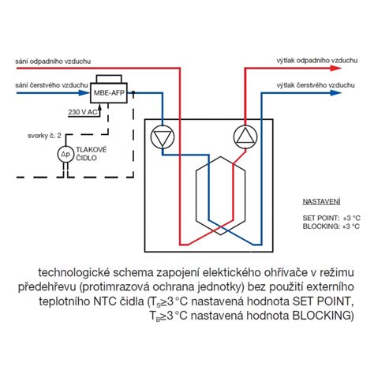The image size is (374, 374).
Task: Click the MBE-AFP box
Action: pyautogui.click(x=109, y=92)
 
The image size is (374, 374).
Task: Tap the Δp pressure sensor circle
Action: pyautogui.click(x=65, y=155)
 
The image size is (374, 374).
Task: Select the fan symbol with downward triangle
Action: pyautogui.click(x=163, y=137)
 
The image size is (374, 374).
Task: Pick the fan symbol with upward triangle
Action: pyautogui.click(x=245, y=137)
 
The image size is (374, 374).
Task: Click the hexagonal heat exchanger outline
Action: pyautogui.click(x=196, y=195)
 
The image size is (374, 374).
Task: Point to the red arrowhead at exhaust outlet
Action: pyautogui.click(x=335, y=68)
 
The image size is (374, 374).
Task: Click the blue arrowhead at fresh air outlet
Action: pyautogui.click(x=335, y=92)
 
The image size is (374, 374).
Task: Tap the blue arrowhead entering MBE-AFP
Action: pyautogui.click(x=84, y=92)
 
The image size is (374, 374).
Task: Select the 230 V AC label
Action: pyautogui.click(x=83, y=112)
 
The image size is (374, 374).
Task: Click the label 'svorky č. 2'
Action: pyautogui.click(x=44, y=136)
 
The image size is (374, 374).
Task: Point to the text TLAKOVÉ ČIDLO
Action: pyautogui.click(x=92, y=154)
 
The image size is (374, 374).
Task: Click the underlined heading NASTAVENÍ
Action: pyautogui.click(x=321, y=202)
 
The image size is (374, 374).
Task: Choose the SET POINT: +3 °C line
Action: pyautogui.click(x=331, y=218)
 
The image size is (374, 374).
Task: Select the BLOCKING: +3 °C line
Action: pyautogui.click(x=331, y=226)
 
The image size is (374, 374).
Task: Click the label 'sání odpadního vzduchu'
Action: pyautogui.click(x=53, y=62)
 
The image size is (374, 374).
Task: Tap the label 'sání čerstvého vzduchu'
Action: pyautogui.click(x=51, y=85)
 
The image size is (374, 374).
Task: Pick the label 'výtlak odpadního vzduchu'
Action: pyautogui.click(x=317, y=61)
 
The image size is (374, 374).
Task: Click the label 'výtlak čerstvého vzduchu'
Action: pyautogui.click(x=316, y=85)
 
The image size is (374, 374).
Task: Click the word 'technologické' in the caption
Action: pyautogui.click(x=74, y=273)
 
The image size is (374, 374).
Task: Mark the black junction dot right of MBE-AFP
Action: pyautogui.click(x=133, y=92)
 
